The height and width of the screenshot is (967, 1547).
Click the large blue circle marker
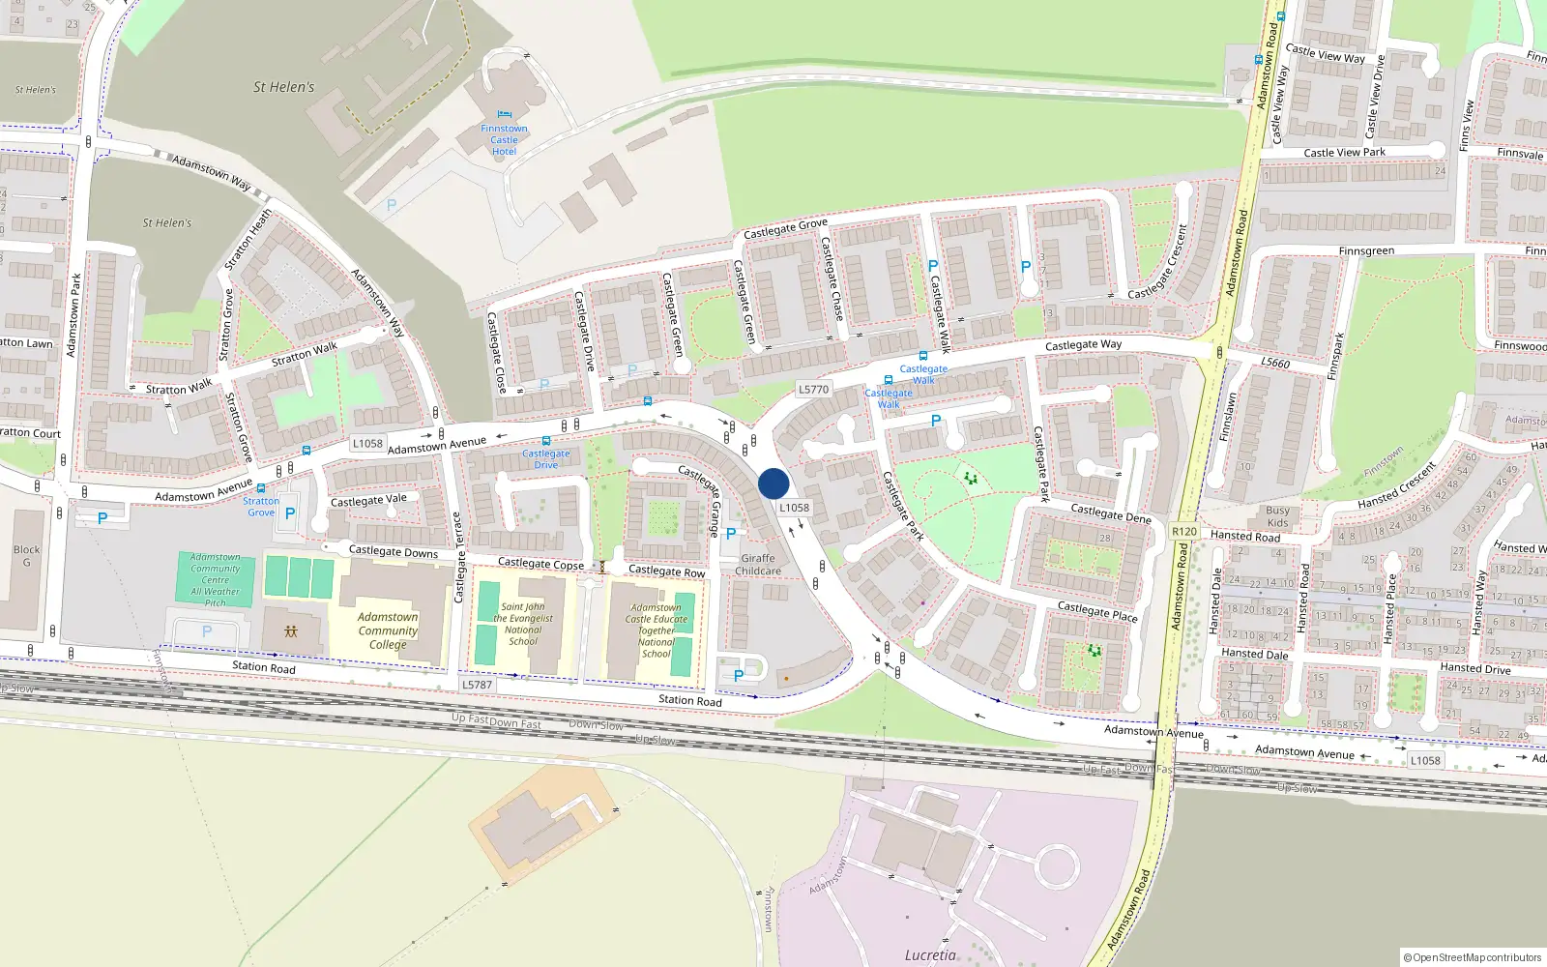click(x=773, y=483)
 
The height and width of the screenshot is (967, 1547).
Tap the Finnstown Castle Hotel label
click(x=504, y=140)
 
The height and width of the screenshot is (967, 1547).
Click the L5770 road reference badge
click(x=813, y=389)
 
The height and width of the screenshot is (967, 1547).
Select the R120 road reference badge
click(x=1183, y=532)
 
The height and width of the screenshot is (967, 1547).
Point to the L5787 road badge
click(x=477, y=685)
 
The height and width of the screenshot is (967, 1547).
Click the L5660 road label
click(x=1275, y=363)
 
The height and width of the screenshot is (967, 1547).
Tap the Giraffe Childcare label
click(x=758, y=565)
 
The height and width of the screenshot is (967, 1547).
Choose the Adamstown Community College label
click(x=388, y=630)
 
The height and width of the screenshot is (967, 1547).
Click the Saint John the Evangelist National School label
click(x=523, y=624)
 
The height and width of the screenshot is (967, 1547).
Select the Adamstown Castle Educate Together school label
click(x=657, y=630)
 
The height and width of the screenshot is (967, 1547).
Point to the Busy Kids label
click(x=1277, y=516)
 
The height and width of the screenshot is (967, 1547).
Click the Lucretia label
click(x=930, y=955)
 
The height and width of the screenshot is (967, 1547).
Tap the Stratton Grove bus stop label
click(x=261, y=506)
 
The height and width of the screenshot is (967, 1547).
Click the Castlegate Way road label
click(x=1083, y=344)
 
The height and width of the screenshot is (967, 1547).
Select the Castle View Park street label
click(x=1344, y=153)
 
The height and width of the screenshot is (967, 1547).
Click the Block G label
click(x=27, y=556)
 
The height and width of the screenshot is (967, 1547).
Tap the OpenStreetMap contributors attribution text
click(x=1473, y=957)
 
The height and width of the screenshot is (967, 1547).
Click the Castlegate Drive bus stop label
click(x=546, y=458)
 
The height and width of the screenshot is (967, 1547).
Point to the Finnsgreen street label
click(x=1366, y=251)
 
